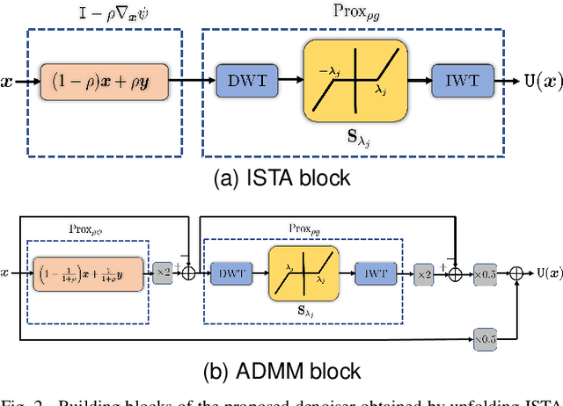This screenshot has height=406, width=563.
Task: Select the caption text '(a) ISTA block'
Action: (281, 178)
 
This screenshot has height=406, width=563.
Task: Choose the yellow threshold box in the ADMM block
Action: (303, 273)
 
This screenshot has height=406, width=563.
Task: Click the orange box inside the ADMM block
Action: (87, 273)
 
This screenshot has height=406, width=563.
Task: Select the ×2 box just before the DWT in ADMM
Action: (164, 273)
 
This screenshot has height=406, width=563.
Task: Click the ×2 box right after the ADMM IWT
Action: (423, 273)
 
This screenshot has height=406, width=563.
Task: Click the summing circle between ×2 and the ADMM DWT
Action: (188, 273)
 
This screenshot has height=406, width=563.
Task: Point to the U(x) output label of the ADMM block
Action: (546, 273)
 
